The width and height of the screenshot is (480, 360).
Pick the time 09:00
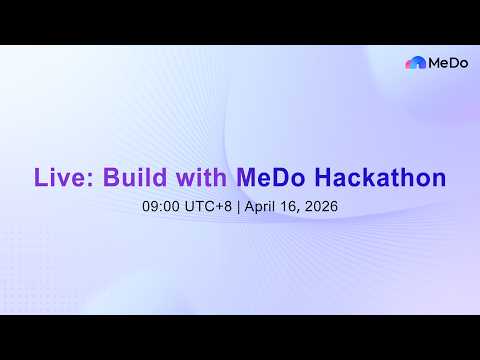[162, 208]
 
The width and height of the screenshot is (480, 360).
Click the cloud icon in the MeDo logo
[415, 63]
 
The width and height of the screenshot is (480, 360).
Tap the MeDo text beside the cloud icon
[445, 63]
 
